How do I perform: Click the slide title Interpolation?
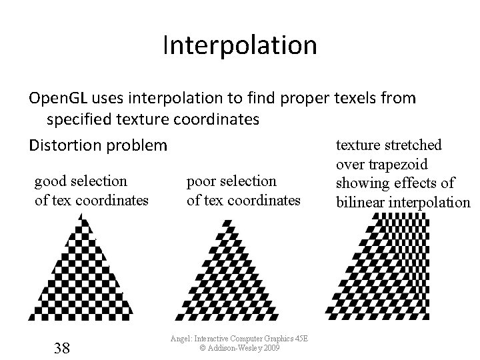point(239,46)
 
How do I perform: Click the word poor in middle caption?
point(204,181)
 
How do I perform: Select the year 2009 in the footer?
point(271,348)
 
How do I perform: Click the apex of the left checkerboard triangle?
point(80,215)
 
